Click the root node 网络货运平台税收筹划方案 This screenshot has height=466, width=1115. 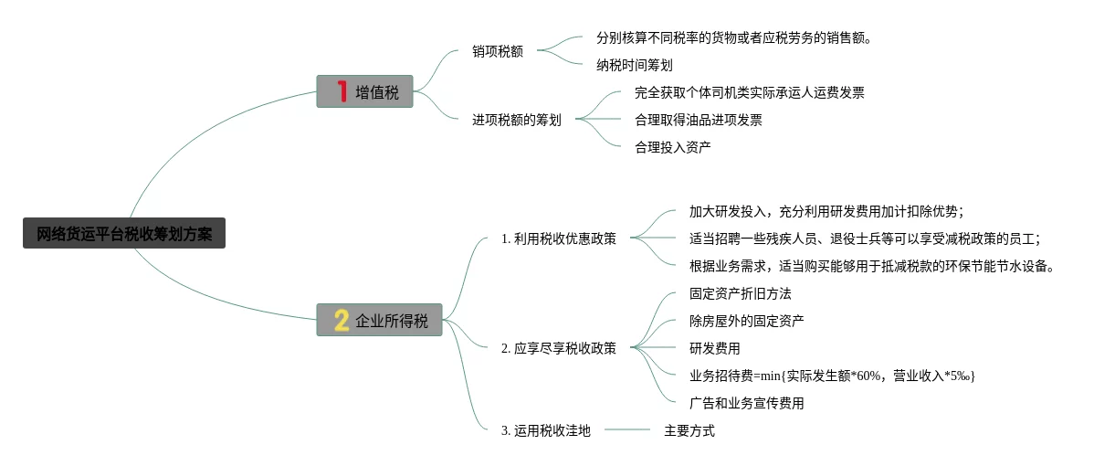123,234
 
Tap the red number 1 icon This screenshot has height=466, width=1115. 342,91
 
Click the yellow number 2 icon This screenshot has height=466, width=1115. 342,320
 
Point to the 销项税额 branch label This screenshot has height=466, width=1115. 498,51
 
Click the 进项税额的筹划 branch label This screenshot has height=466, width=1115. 517,120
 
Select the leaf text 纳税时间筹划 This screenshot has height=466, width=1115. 635,65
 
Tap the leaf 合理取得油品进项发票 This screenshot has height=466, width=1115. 699,120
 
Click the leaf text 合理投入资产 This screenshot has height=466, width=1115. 673,147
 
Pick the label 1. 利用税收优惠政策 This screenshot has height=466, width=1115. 558,238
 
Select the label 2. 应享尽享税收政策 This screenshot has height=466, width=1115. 558,348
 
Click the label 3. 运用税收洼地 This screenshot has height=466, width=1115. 545,430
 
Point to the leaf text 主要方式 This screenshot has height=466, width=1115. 689,430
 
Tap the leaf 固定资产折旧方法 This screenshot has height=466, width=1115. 741,293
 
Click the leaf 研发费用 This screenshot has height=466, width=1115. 715,348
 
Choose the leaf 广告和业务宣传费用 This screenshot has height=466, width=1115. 747,403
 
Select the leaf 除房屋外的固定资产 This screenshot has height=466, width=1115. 747,321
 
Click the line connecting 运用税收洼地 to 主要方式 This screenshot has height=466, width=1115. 627,429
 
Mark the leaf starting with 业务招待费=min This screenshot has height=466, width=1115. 832,376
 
